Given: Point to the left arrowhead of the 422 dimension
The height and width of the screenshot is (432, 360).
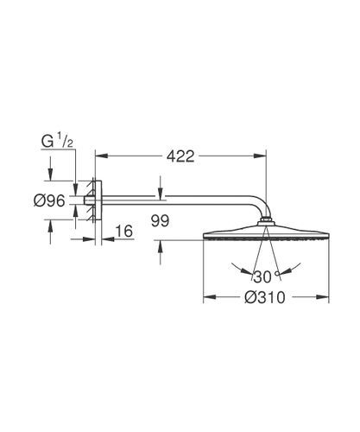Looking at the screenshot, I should (98, 156).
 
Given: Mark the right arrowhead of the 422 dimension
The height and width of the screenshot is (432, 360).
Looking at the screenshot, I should (262, 156).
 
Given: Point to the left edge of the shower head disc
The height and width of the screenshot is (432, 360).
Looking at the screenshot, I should (204, 235).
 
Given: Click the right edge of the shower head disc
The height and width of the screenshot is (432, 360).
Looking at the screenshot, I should (329, 235).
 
